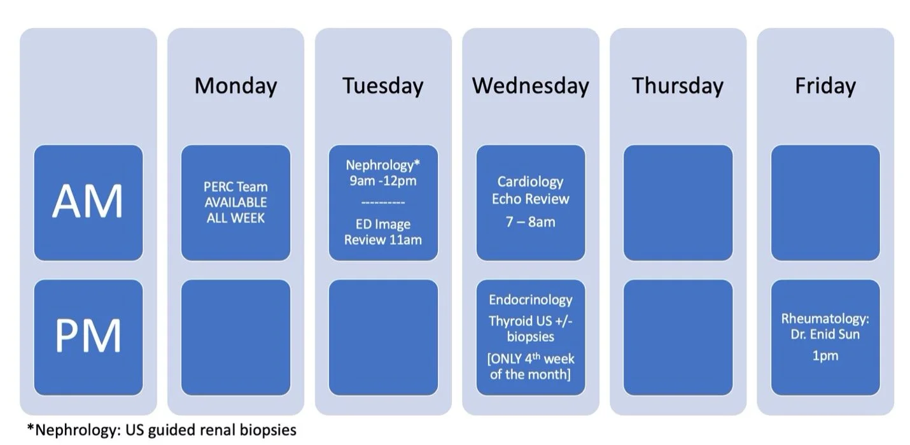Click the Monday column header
pos(235,85)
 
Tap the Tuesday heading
pos(382,85)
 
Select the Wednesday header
pos(530,85)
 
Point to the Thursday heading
pos(677,85)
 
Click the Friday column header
pos(825,85)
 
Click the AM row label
pos(88,202)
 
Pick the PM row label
pos(88,336)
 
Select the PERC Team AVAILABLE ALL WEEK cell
pos(235,202)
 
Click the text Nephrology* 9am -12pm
pos(382,173)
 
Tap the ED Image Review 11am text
pos(382,232)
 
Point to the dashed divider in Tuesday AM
pos(382,203)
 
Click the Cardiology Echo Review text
pos(530,190)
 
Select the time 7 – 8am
pos(530,222)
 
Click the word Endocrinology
pos(530,300)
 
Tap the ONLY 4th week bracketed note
pos(530,366)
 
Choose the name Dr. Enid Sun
pos(825,334)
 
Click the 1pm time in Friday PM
pos(825,356)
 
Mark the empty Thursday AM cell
pos(677,202)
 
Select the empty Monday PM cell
pos(235,337)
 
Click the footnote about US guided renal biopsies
pos(162,430)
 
